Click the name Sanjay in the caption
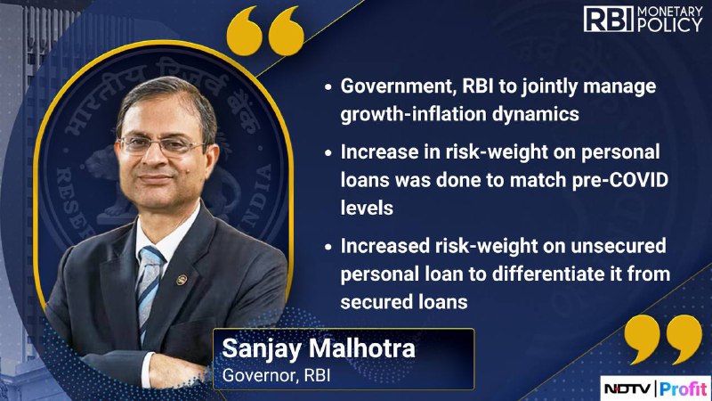[x=262, y=349]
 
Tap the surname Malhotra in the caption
[x=362, y=348]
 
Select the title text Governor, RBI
[x=276, y=376]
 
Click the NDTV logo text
[x=628, y=389]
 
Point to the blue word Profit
[x=684, y=389]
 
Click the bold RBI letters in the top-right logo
[x=609, y=19]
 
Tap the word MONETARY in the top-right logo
[x=670, y=12]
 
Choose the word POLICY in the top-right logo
[x=670, y=26]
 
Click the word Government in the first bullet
[x=398, y=86]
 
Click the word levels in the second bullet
[x=367, y=208]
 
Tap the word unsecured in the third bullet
[x=619, y=246]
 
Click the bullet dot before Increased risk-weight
[x=328, y=247]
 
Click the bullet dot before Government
[x=328, y=87]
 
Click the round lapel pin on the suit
[x=182, y=280]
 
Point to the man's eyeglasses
[x=161, y=145]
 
